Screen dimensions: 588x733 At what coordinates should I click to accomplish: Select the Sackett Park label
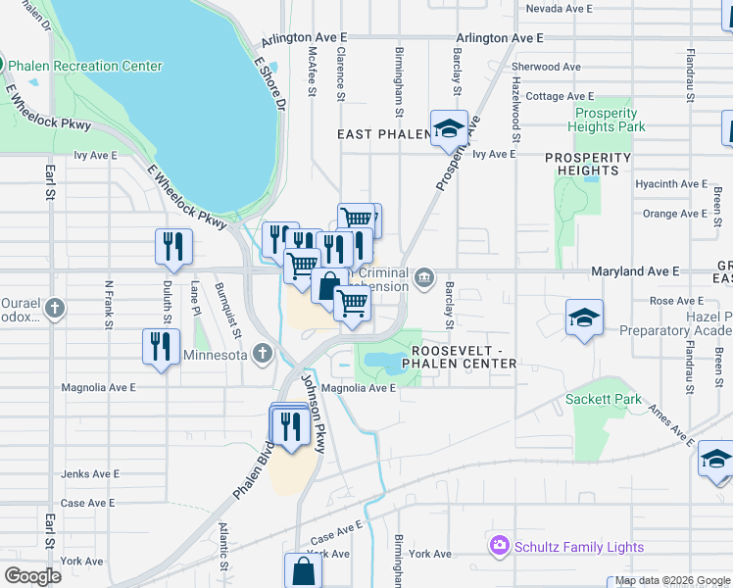(604, 399)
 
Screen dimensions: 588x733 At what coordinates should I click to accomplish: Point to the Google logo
(32, 576)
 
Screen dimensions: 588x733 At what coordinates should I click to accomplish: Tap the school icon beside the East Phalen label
(450, 128)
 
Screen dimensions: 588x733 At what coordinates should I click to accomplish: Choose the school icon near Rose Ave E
(583, 318)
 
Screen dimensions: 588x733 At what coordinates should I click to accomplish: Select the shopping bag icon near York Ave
(303, 570)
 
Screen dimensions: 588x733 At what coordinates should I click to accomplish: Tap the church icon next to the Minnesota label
(262, 353)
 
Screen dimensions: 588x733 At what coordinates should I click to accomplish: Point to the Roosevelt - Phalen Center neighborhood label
(464, 357)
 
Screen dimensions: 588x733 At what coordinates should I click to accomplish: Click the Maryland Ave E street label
(635, 270)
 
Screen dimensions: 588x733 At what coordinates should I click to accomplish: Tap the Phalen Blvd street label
(253, 466)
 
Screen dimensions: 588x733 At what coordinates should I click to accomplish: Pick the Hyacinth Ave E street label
(671, 183)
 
